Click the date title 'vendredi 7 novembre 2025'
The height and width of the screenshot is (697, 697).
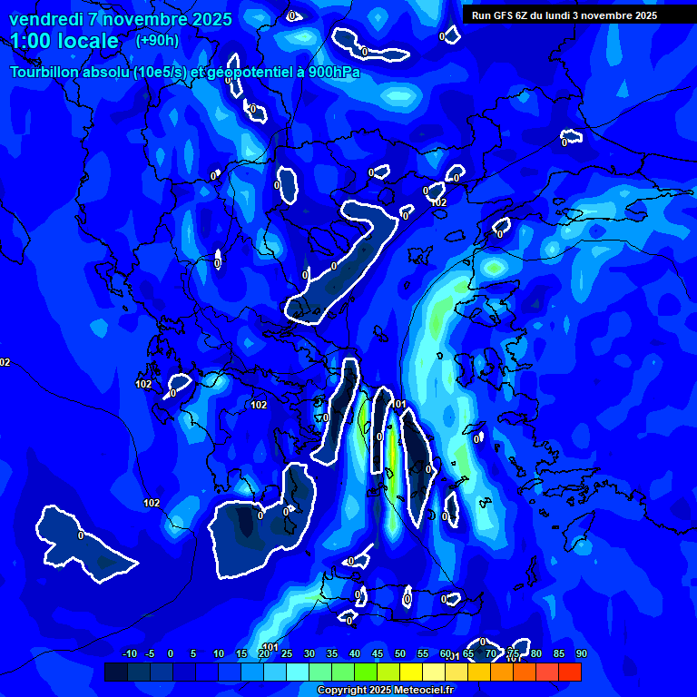point(121,19)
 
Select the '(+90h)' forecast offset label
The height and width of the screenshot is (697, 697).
point(157,40)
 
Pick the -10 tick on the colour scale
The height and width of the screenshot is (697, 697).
point(130,653)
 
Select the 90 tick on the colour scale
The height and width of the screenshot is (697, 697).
point(581,653)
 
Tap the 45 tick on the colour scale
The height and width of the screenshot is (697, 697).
point(378,653)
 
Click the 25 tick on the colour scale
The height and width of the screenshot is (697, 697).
point(287,653)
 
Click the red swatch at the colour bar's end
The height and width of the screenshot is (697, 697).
point(570,672)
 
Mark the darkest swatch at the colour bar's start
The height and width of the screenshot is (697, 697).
point(116,672)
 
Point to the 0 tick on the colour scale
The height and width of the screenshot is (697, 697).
point(171,653)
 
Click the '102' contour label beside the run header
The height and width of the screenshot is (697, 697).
point(439,202)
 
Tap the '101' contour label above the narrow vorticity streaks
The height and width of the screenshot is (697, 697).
point(399,404)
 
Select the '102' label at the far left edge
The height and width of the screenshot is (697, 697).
point(5,362)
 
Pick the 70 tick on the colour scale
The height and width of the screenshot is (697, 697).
point(491,653)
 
